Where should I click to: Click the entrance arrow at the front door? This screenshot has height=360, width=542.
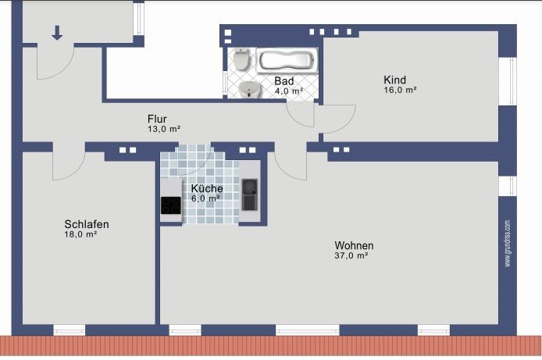(57, 33)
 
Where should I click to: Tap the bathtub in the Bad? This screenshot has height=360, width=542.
(287, 60)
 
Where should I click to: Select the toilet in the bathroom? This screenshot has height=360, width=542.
(241, 59)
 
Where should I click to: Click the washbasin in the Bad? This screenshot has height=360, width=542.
(250, 89)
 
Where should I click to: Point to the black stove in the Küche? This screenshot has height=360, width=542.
(171, 205)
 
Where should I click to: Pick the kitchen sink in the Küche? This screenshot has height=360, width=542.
(250, 194)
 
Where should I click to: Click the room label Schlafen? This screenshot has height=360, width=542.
(87, 224)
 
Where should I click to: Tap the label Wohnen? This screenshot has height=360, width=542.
(354, 246)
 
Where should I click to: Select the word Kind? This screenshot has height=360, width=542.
(394, 80)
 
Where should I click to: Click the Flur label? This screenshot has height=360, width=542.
(157, 119)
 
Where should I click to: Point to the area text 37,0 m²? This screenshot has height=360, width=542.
(351, 255)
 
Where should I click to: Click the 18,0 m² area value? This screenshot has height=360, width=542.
(80, 234)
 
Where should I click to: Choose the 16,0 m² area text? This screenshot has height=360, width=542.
(400, 90)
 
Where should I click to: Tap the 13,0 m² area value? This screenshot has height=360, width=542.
(164, 129)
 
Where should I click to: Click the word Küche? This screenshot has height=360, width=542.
(207, 189)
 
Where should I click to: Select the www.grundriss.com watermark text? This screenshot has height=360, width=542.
(508, 243)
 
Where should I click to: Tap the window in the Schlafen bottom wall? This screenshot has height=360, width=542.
(70, 330)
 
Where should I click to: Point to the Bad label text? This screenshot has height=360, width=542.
(284, 81)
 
